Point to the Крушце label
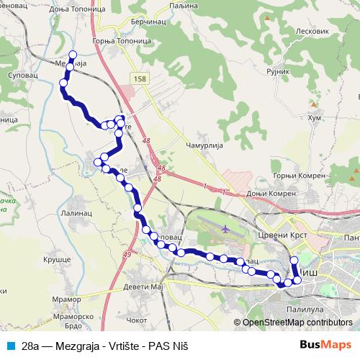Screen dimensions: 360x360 pos(55,258)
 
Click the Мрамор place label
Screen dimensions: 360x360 pos(67,298)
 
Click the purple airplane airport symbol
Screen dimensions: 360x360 pos(227,229)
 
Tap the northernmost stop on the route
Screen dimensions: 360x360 pos(71,55)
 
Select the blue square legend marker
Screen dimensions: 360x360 pos(9,345)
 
